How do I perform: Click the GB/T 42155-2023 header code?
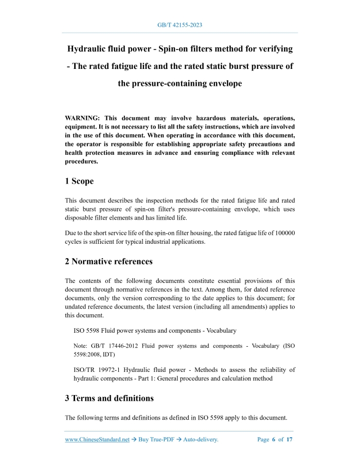pos(179,25)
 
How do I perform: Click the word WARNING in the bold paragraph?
pos(84,118)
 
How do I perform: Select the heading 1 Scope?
pos(79,181)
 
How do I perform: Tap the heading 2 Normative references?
pos(109,261)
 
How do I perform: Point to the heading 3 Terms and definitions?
pos(109,398)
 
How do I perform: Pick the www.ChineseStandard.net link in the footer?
pos(97,439)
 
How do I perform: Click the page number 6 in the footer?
pos(274,439)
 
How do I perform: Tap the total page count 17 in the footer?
pos(290,439)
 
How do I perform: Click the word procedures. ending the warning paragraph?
pos(82,161)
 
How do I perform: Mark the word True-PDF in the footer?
pos(161,439)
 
